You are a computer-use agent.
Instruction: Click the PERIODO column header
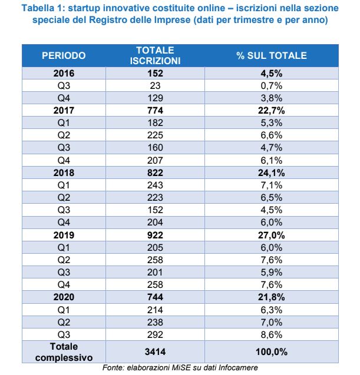(x=64, y=56)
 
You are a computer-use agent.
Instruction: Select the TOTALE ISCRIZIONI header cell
(x=154, y=55)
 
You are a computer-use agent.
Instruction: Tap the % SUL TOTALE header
(x=272, y=56)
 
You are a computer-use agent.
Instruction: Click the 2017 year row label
(x=64, y=109)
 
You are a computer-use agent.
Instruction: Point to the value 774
(x=154, y=109)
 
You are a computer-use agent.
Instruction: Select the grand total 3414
(x=154, y=352)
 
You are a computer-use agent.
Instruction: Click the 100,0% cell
(x=272, y=352)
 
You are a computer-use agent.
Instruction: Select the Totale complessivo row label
(x=64, y=352)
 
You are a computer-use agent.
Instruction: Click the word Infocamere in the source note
(x=237, y=369)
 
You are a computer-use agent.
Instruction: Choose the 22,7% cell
(x=272, y=109)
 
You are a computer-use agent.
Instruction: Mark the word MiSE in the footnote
(x=169, y=369)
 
